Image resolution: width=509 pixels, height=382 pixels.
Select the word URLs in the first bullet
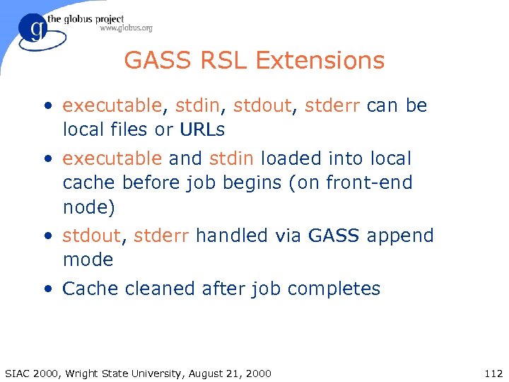point(202,130)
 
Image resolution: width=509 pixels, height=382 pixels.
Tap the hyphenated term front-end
point(369,183)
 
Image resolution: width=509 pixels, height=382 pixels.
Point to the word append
point(400,236)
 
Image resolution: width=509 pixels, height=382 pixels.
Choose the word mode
point(88,260)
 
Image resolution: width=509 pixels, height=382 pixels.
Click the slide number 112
point(493,374)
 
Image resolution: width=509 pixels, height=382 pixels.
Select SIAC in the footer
point(18,374)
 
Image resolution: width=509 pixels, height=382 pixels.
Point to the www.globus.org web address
point(126,28)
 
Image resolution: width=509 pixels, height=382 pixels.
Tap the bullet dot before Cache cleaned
point(47,289)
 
